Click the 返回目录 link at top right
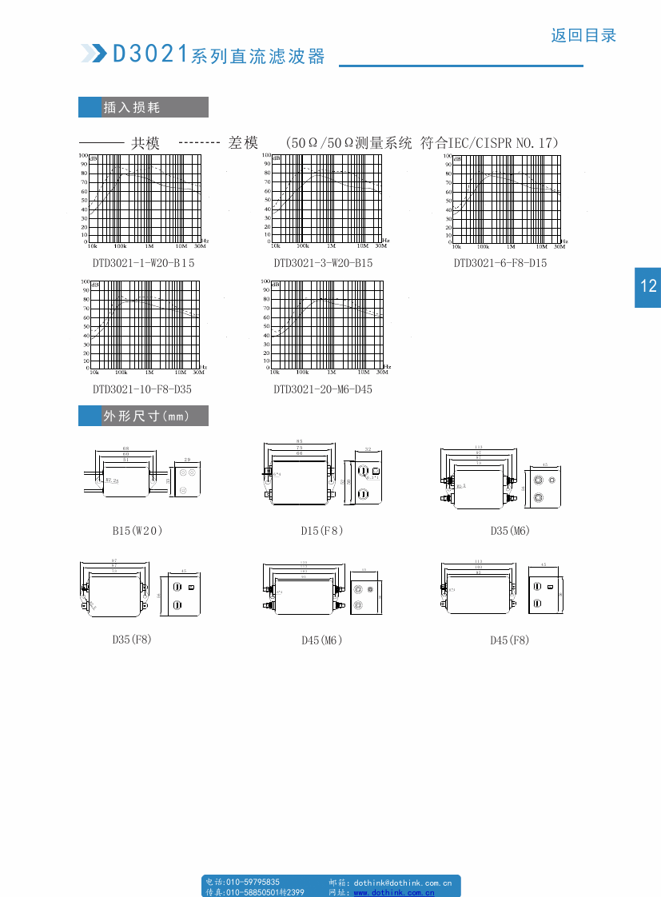click(x=583, y=35)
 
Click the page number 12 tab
click(x=647, y=286)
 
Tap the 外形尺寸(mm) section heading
click(x=143, y=416)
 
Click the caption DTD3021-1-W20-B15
click(x=143, y=263)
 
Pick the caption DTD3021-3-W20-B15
click(x=323, y=263)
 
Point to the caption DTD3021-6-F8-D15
click(x=500, y=263)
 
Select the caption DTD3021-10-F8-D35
click(x=142, y=389)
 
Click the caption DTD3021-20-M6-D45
click(x=323, y=389)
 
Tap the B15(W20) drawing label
click(x=137, y=530)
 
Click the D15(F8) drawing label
click(x=321, y=530)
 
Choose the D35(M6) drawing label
click(x=510, y=530)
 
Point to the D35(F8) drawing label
click(x=132, y=640)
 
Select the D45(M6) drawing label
click(x=321, y=640)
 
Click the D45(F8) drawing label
click(x=510, y=640)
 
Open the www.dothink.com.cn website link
click(x=394, y=892)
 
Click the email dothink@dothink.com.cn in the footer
click(x=402, y=883)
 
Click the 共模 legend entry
click(x=145, y=143)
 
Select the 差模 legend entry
click(x=244, y=143)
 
